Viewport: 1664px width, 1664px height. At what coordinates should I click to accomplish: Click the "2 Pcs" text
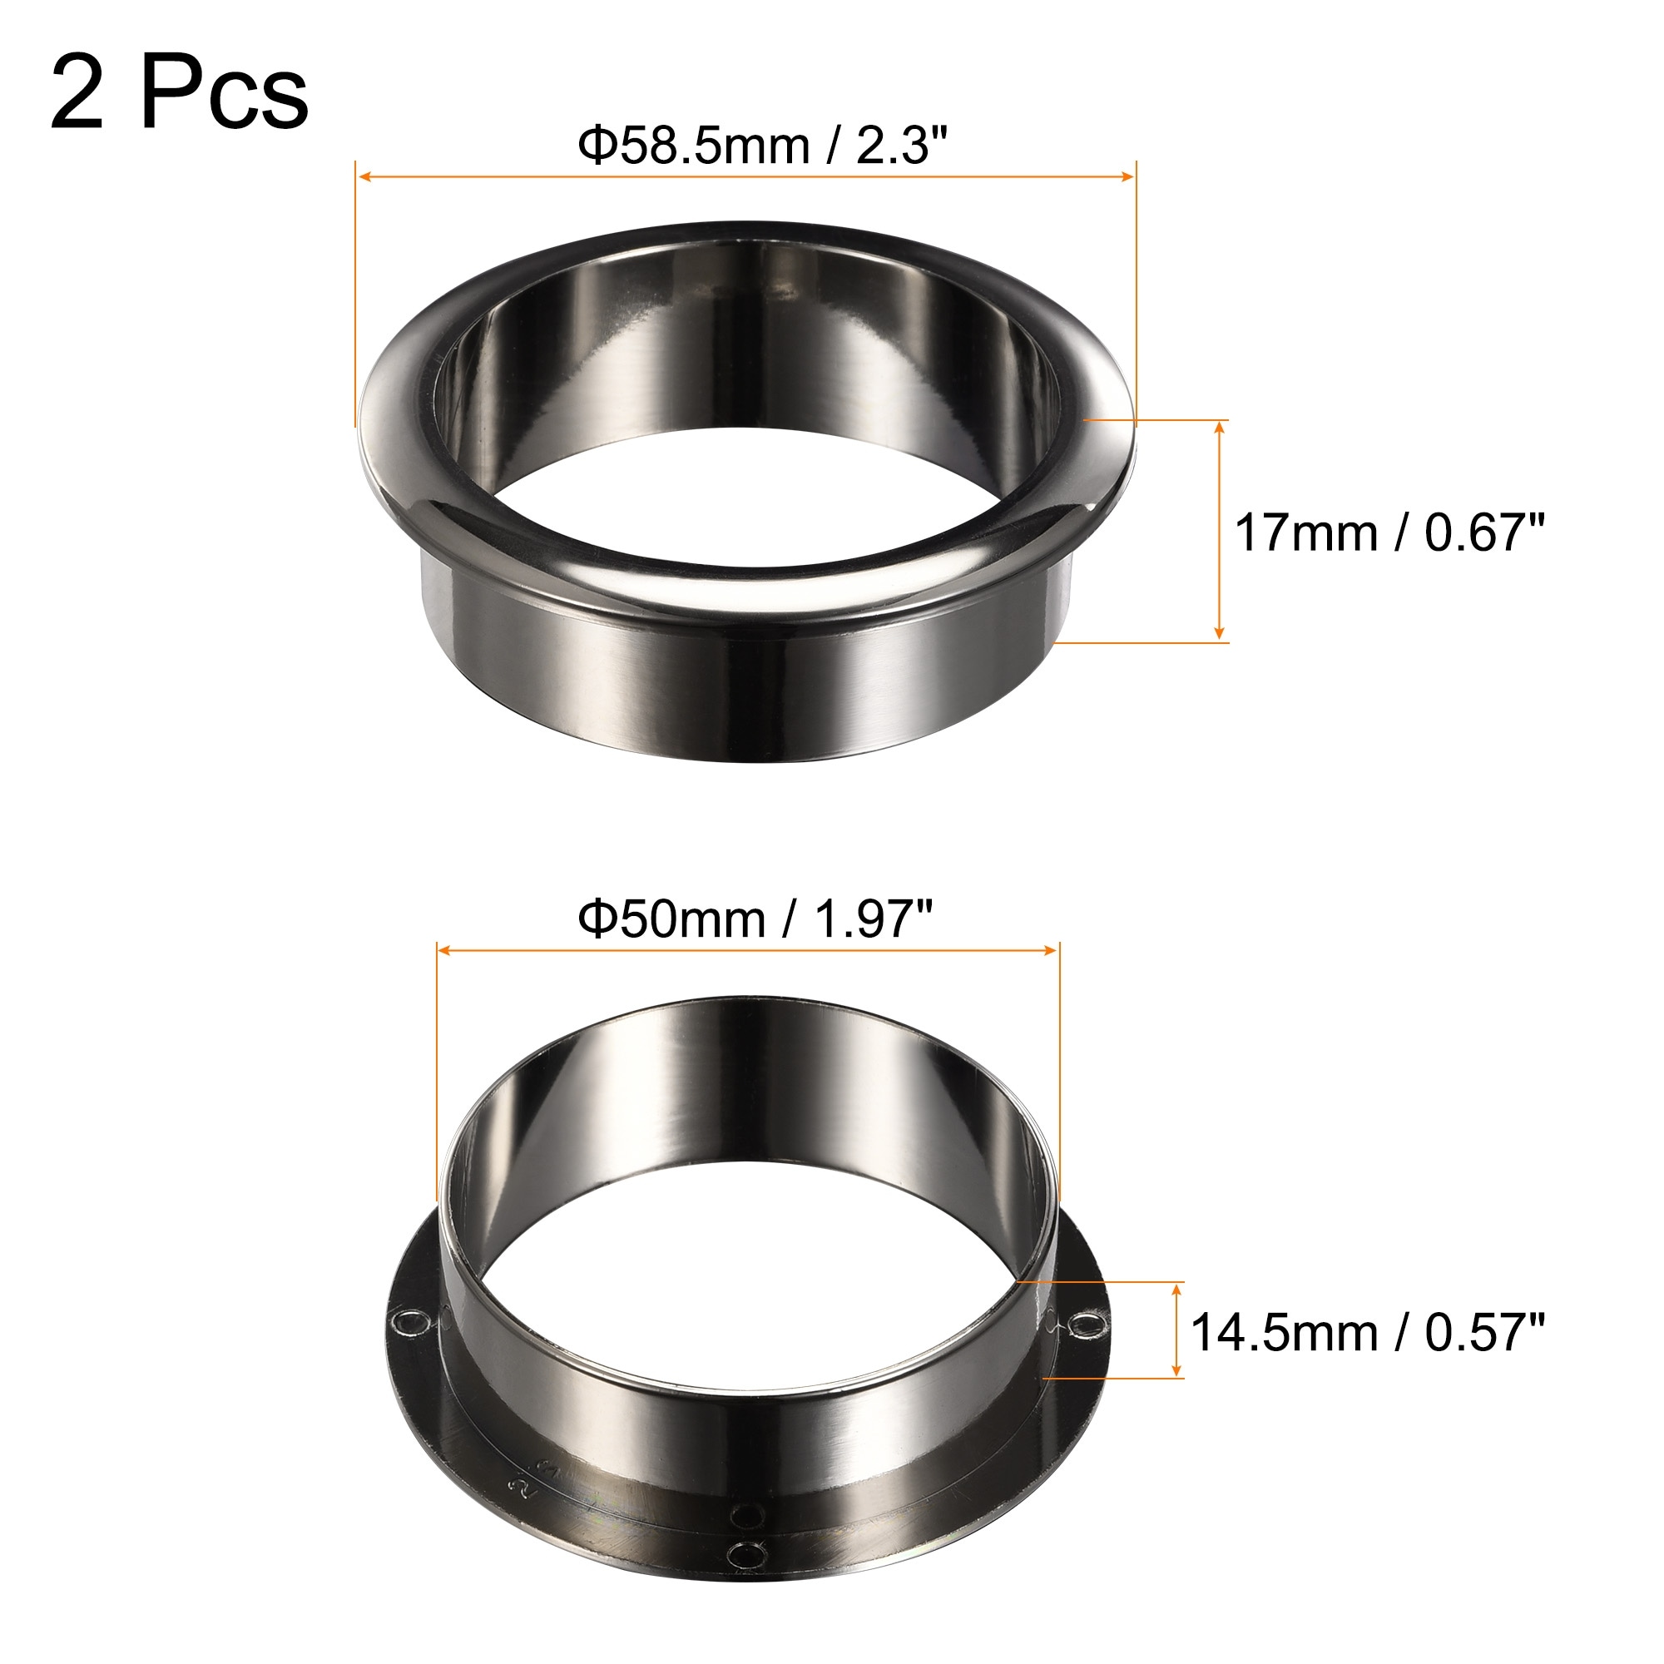pyautogui.click(x=179, y=93)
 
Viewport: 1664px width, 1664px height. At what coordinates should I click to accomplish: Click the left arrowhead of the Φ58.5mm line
pyautogui.click(x=364, y=176)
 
